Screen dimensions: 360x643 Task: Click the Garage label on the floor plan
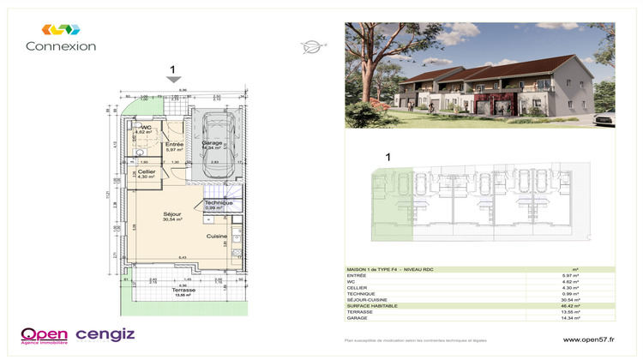[212, 142]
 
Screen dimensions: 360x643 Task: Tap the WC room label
[146, 129]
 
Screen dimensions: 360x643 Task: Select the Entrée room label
[174, 145]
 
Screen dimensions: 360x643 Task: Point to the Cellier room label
[146, 172]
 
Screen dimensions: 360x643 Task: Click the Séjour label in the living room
[173, 213]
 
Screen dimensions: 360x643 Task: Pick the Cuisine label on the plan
[216, 236]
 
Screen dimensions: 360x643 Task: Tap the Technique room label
[219, 203]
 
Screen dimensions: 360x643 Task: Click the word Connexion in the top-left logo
[60, 46]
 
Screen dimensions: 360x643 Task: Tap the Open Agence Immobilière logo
[44, 335]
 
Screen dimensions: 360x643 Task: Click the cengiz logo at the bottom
[105, 333]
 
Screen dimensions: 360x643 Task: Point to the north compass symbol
[310, 47]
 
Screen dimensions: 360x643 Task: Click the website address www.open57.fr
[588, 339]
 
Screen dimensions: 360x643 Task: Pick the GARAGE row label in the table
[358, 318]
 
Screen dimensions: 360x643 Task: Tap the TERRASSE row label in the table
[360, 312]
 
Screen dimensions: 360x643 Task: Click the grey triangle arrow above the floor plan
[173, 80]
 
